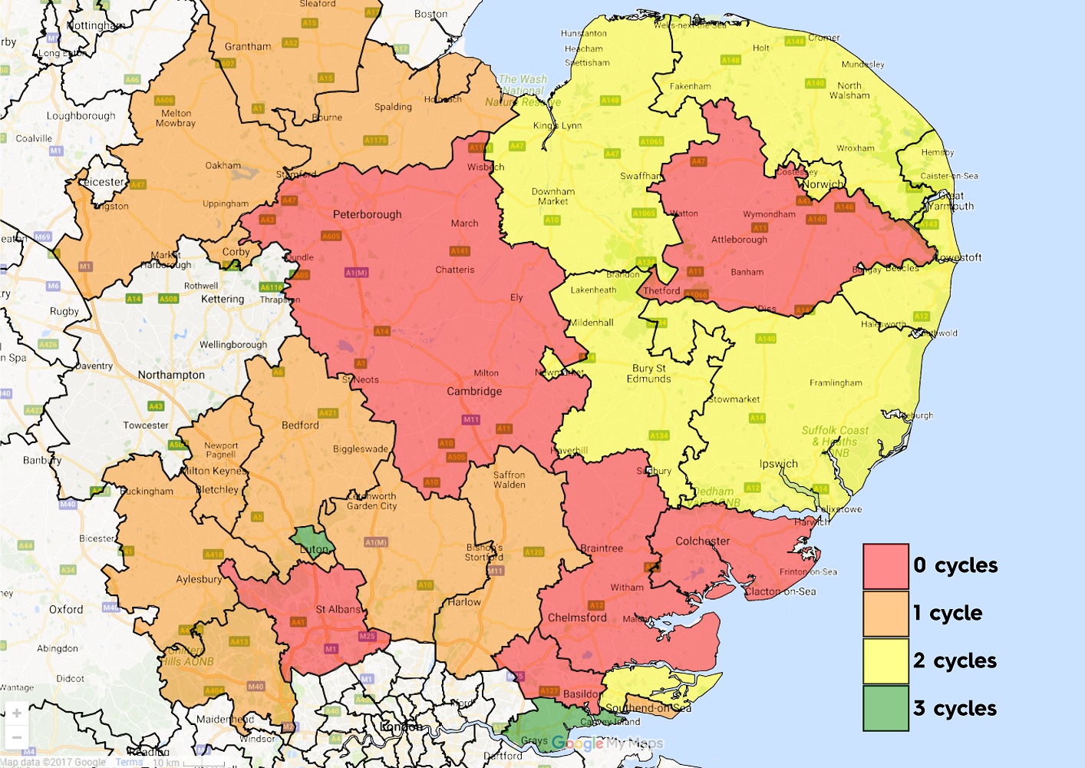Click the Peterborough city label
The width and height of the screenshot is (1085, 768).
pyautogui.click(x=367, y=214)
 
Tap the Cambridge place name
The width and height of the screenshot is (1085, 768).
pyautogui.click(x=474, y=391)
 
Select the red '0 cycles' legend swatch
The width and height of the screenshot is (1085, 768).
pyautogui.click(x=885, y=567)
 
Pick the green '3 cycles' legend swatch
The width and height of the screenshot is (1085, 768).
pyautogui.click(x=885, y=707)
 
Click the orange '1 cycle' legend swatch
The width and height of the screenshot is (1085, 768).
pyautogui.click(x=885, y=614)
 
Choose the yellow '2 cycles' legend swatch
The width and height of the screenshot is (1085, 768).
pyautogui.click(x=885, y=660)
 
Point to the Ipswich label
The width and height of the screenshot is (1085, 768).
pyautogui.click(x=778, y=464)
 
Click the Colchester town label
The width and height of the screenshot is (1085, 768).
pyautogui.click(x=702, y=541)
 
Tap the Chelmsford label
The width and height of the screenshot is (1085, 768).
pyautogui.click(x=577, y=617)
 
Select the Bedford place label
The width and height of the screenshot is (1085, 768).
pyautogui.click(x=300, y=425)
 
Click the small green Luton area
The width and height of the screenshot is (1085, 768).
pyautogui.click(x=311, y=540)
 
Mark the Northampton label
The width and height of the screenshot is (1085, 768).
pyautogui.click(x=171, y=375)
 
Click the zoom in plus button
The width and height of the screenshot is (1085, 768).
pyautogui.click(x=17, y=713)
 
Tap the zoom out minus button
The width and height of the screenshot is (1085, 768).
pyautogui.click(x=17, y=737)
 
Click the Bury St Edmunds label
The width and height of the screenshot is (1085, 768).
pyautogui.click(x=648, y=373)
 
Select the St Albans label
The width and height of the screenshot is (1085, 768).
pyautogui.click(x=338, y=609)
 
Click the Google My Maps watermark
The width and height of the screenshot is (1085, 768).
pyautogui.click(x=607, y=743)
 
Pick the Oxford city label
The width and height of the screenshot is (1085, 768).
pyautogui.click(x=66, y=609)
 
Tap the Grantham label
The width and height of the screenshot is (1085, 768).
pyautogui.click(x=248, y=46)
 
